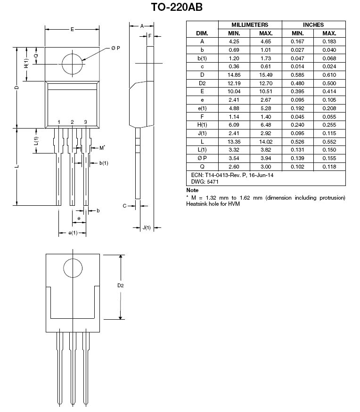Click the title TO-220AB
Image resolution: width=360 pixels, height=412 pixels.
[177, 7]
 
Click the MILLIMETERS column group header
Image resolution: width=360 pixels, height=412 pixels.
[250, 24]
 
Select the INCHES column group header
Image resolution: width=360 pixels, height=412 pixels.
[313, 24]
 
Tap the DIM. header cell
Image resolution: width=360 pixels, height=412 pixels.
[202, 33]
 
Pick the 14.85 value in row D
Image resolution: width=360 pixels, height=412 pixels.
[234, 75]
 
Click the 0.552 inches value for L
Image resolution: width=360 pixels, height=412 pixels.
[329, 142]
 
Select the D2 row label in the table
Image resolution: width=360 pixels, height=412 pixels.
[202, 83]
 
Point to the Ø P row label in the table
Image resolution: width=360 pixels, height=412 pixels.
[202, 158]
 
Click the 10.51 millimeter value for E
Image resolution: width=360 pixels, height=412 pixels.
[266, 91]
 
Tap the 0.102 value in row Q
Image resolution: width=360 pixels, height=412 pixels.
[297, 167]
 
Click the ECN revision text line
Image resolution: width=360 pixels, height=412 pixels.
[232, 175]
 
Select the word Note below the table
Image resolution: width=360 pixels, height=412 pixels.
[192, 190]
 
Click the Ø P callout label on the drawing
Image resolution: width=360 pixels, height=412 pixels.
[115, 48]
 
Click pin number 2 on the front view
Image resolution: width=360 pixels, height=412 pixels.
[72, 122]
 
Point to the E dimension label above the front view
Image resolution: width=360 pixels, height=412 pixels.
[72, 29]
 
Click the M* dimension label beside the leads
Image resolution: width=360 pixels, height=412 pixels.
[102, 148]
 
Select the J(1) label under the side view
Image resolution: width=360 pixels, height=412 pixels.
[147, 227]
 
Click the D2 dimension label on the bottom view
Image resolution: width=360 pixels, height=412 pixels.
[121, 286]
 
